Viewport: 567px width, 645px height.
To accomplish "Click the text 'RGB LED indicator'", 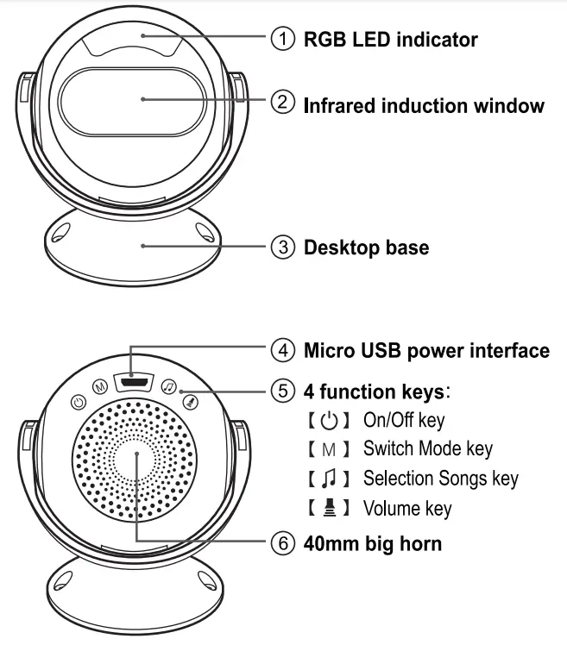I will click(x=390, y=40).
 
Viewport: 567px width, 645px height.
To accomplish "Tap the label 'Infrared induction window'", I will click(x=424, y=105).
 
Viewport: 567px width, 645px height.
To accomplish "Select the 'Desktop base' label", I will click(x=366, y=247).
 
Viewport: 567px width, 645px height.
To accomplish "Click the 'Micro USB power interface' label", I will click(x=426, y=351).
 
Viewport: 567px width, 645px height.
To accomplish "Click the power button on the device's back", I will click(x=78, y=402).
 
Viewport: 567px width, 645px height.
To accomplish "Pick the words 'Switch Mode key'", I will click(x=427, y=448).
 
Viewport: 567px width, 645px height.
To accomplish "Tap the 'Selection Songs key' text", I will click(x=440, y=478).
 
